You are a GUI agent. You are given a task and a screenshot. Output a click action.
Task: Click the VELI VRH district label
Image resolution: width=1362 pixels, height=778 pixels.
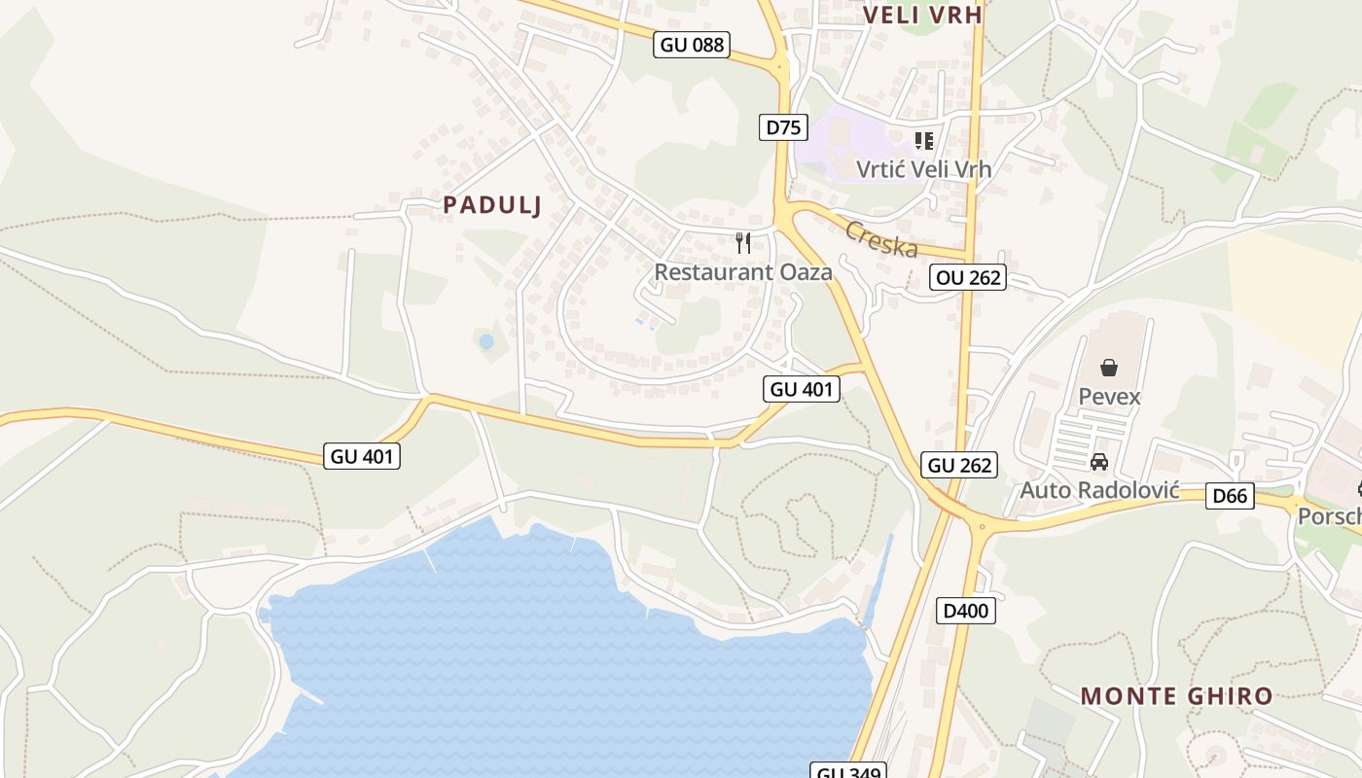click(x=922, y=15)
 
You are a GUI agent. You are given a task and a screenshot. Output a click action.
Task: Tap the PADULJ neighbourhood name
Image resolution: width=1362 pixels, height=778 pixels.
click(x=491, y=204)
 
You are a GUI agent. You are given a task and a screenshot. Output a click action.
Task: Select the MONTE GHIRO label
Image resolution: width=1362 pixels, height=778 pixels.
click(x=1176, y=695)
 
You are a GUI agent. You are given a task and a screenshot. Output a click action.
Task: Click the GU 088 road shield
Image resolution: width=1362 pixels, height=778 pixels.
click(x=692, y=45)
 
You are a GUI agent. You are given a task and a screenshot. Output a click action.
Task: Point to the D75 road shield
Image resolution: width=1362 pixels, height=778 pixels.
click(x=783, y=126)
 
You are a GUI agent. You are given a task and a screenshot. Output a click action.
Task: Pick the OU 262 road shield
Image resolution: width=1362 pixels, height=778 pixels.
click(x=967, y=277)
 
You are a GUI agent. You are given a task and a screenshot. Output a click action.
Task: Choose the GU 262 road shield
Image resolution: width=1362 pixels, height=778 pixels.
click(x=960, y=465)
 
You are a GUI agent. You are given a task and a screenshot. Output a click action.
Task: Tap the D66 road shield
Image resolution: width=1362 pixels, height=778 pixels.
click(x=1230, y=496)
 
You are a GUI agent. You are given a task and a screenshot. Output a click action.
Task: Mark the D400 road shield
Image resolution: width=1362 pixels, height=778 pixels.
click(x=965, y=611)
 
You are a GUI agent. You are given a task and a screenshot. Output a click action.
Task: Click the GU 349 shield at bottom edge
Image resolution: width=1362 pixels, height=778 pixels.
click(x=848, y=771)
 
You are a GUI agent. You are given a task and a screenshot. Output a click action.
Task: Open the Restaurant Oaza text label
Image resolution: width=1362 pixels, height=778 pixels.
click(x=743, y=272)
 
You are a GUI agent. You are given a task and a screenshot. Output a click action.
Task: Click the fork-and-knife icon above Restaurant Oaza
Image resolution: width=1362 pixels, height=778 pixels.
click(x=743, y=242)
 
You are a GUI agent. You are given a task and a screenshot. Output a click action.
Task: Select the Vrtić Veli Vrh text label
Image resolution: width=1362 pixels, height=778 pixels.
click(x=923, y=169)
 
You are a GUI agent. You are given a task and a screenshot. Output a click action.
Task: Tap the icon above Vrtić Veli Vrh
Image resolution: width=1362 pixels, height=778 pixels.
click(x=923, y=140)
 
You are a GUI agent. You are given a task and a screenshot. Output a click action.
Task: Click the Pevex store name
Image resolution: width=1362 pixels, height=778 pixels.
click(x=1109, y=397)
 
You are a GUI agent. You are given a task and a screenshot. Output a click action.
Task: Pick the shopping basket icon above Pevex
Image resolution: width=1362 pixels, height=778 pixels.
click(x=1108, y=368)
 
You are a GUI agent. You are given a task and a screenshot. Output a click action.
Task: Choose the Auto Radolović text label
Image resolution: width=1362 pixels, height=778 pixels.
click(x=1099, y=490)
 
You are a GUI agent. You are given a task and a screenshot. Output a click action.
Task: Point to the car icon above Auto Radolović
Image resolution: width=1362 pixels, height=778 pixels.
click(x=1099, y=462)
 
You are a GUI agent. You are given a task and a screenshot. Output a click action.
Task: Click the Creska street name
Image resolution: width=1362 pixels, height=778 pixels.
click(x=881, y=239)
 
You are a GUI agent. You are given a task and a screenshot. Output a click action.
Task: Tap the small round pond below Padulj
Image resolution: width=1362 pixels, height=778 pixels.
click(x=486, y=342)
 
